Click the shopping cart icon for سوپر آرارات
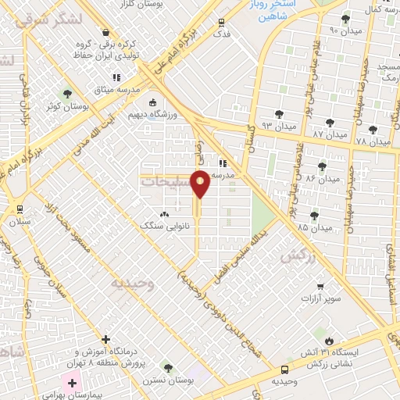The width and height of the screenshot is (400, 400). (320, 287)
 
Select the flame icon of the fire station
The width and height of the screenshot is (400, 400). (330, 341)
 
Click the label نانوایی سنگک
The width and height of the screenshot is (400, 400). (159, 225)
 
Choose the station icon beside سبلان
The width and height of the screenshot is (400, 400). (20, 209)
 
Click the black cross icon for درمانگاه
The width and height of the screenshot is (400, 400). (105, 339)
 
